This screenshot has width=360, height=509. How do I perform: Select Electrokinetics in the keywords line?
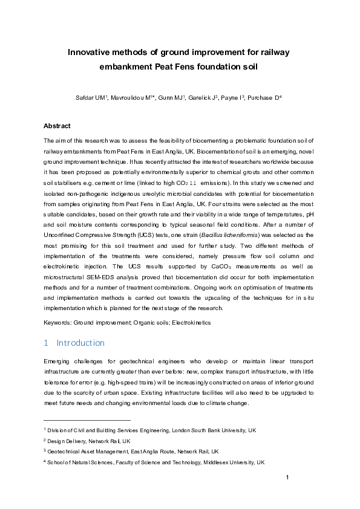[190, 323]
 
